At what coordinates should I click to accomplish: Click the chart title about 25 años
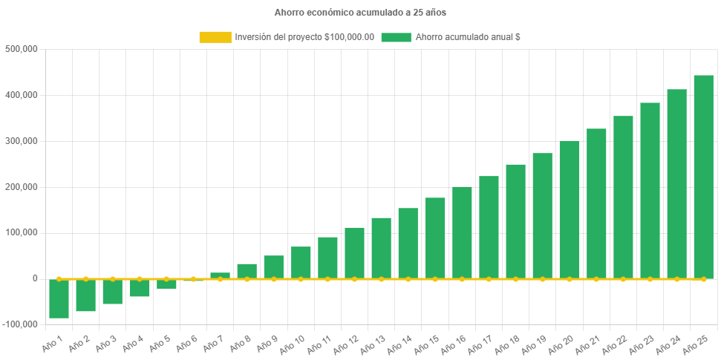pos(360,13)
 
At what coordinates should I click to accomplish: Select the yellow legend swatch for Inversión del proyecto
pos(215,37)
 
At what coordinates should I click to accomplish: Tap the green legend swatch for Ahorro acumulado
pos(396,37)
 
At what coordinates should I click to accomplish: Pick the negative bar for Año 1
pos(59,298)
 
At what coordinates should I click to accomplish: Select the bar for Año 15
pos(435,238)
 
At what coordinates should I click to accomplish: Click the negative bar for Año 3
pos(113,292)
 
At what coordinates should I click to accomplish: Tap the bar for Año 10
pos(301,262)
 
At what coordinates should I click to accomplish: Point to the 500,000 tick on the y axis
pos(21,49)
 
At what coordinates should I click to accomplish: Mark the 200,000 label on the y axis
pos(21,187)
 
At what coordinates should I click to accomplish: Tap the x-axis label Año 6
pos(185,344)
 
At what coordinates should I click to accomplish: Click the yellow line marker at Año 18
pos(515,279)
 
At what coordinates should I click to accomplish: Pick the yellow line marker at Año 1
pos(59,279)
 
